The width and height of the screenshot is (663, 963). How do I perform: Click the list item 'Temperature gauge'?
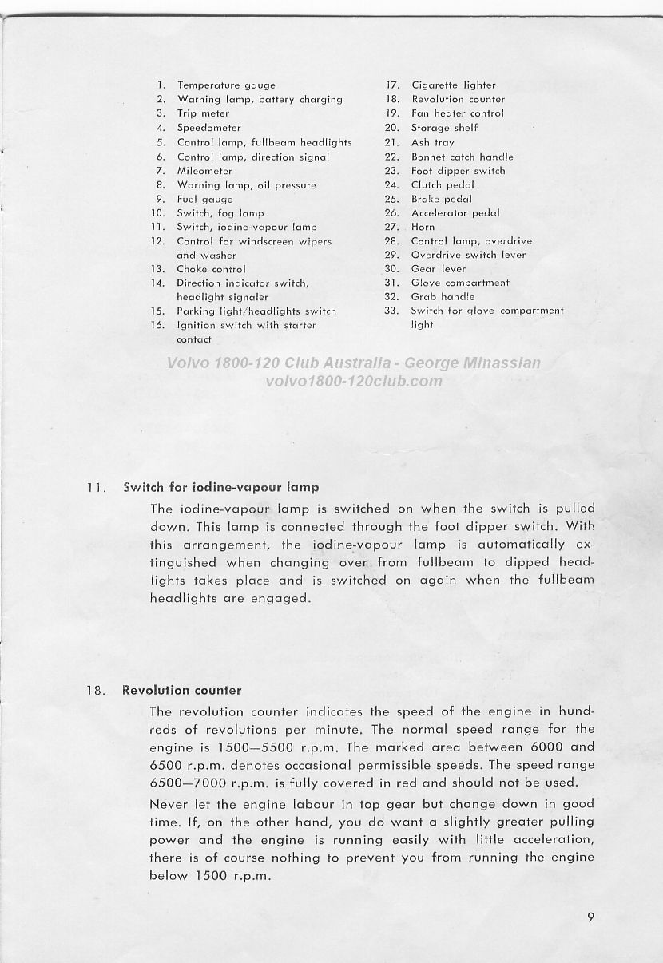226,85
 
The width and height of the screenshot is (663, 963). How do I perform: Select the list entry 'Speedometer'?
208,128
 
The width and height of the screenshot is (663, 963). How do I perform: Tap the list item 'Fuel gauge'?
205,200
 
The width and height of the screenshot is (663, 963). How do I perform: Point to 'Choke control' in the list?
211,270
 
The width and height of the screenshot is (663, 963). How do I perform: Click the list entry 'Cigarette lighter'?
453,85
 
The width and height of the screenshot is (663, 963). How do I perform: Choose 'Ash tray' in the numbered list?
432,143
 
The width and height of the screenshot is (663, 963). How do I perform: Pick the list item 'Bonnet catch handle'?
462,157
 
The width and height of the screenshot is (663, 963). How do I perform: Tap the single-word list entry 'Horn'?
423,227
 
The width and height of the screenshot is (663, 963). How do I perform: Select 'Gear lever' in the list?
438,269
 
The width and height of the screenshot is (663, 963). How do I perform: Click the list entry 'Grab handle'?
443,296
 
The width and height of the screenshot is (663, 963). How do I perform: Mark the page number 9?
590,917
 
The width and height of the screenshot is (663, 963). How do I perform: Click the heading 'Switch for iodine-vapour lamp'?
220,487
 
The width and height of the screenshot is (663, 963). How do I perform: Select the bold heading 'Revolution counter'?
182,690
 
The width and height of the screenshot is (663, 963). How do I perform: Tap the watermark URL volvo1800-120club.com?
353,380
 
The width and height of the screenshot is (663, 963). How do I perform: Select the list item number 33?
391,311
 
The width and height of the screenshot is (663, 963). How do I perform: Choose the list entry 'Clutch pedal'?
443,185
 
